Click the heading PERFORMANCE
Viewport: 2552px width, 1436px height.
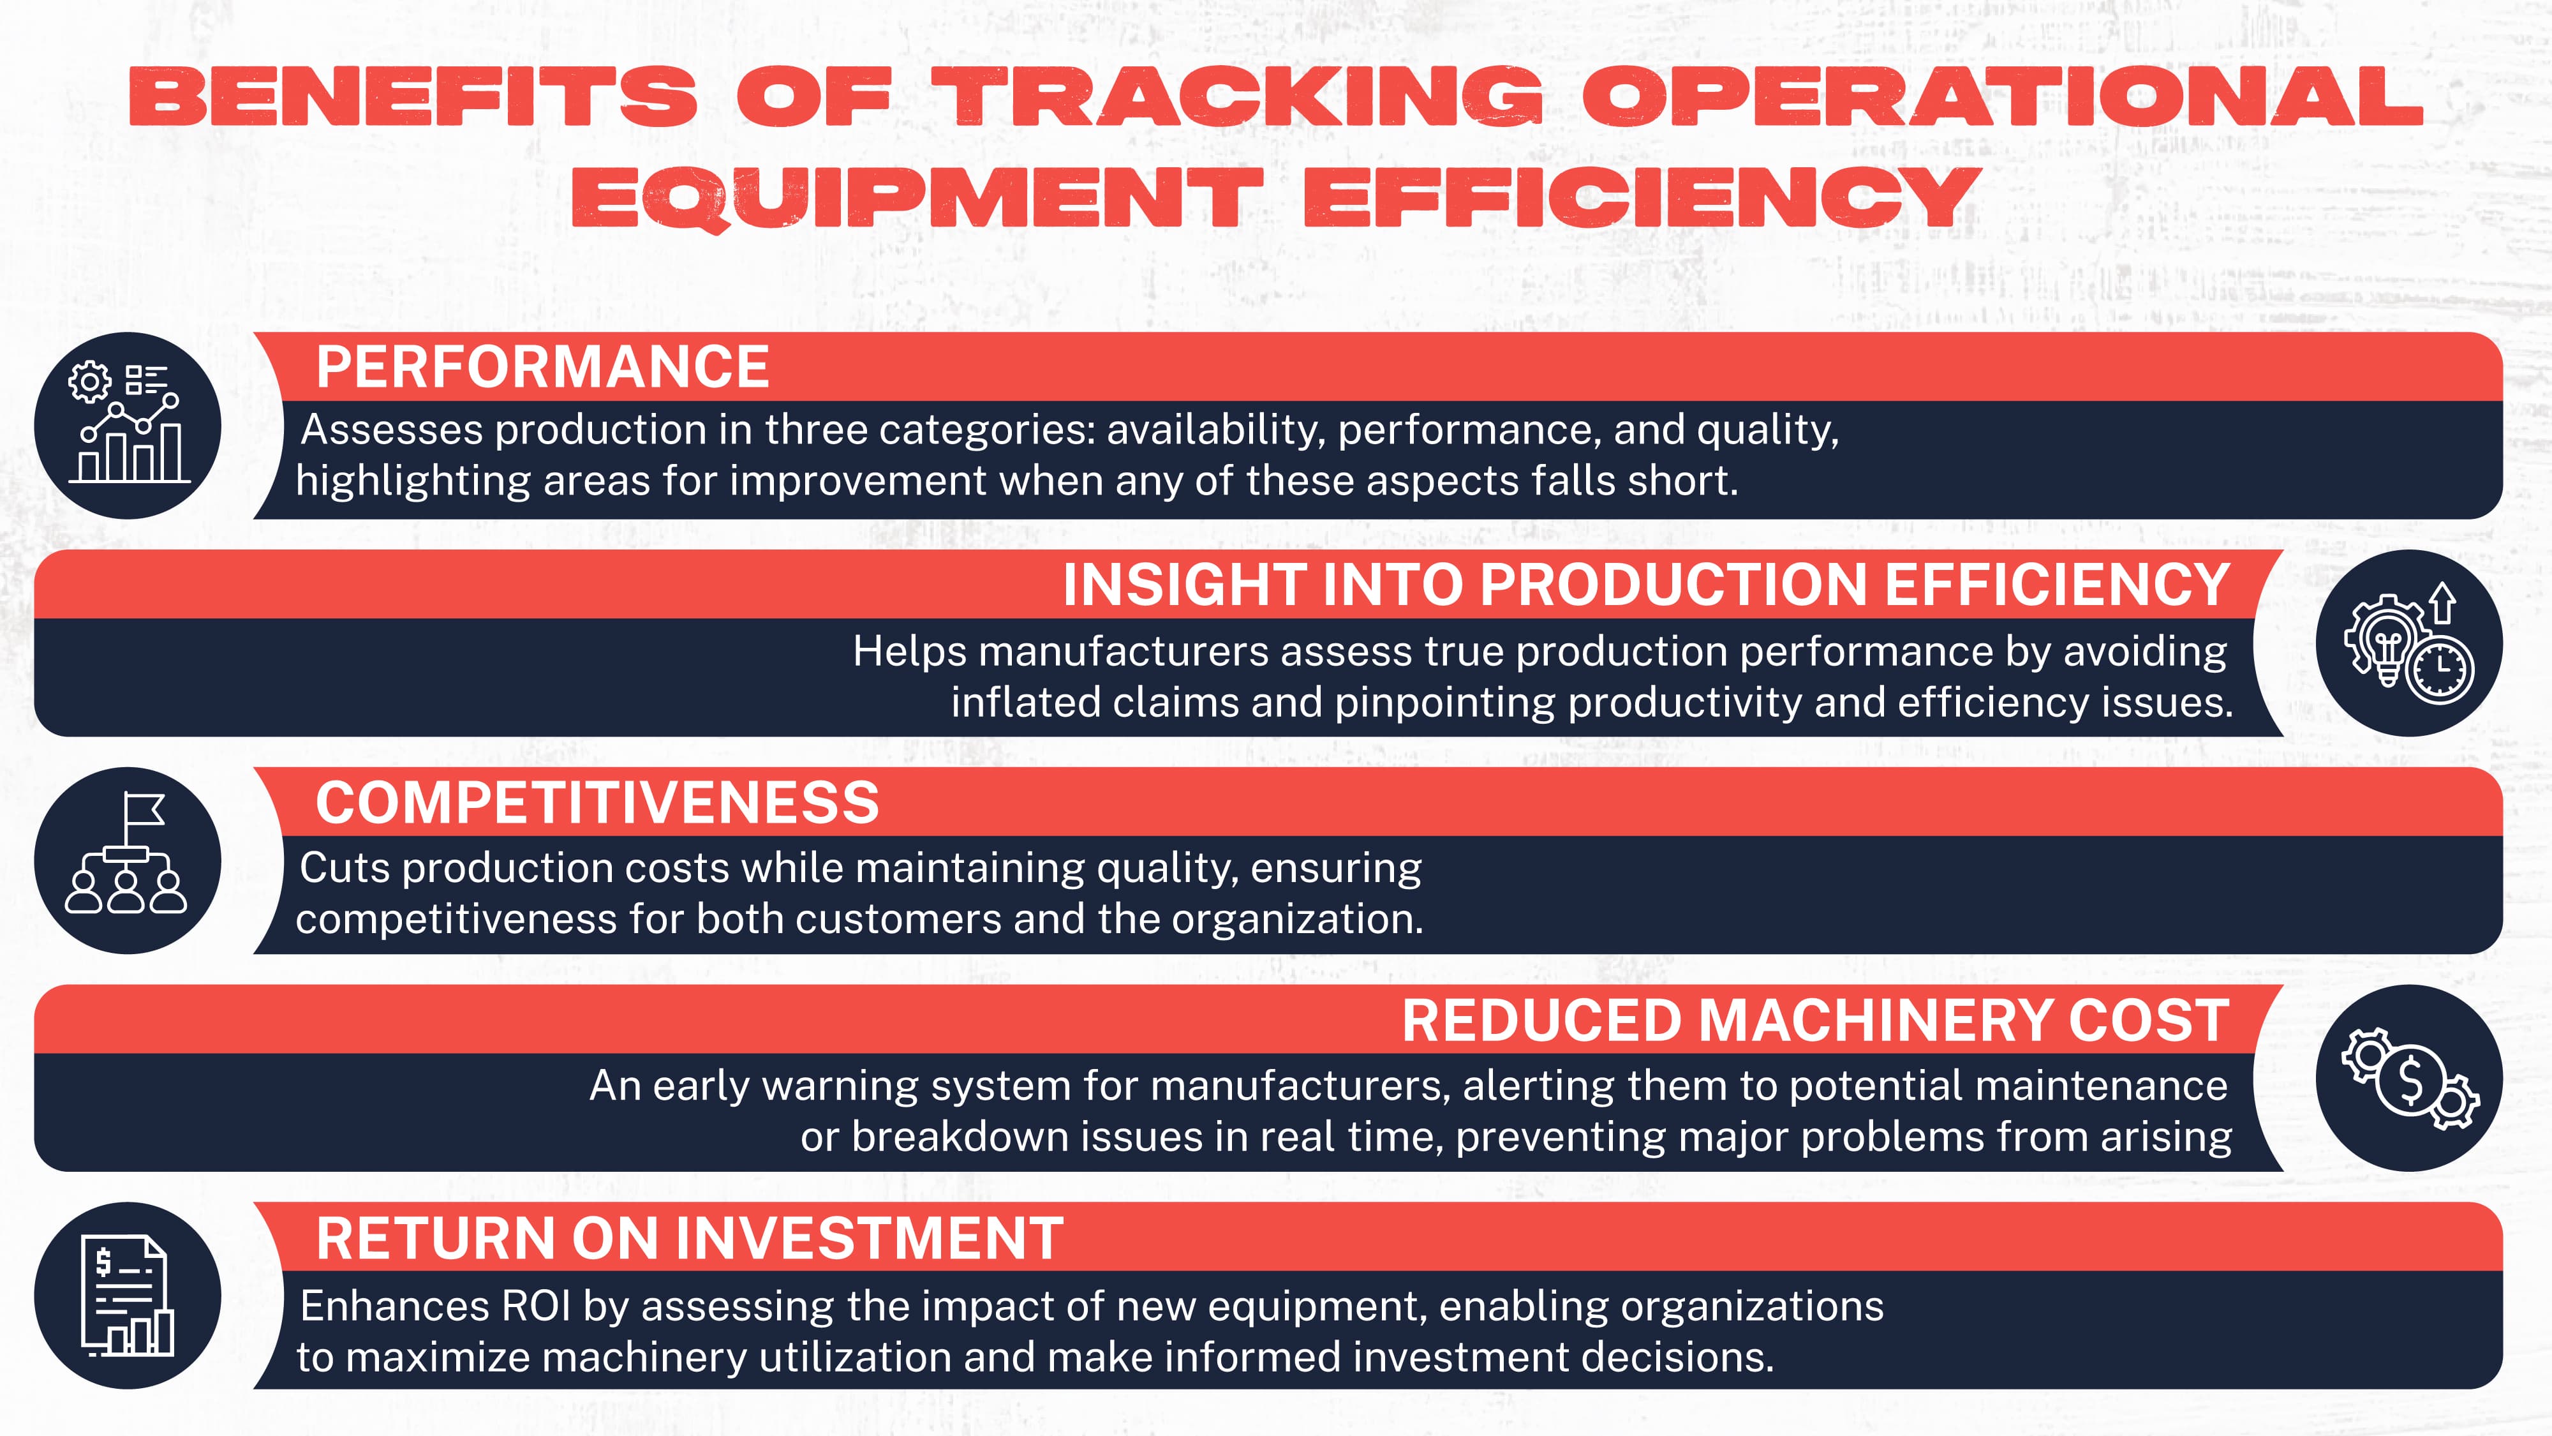tap(542, 367)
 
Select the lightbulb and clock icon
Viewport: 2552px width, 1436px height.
tap(2408, 643)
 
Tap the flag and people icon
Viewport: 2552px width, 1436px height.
tap(128, 860)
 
